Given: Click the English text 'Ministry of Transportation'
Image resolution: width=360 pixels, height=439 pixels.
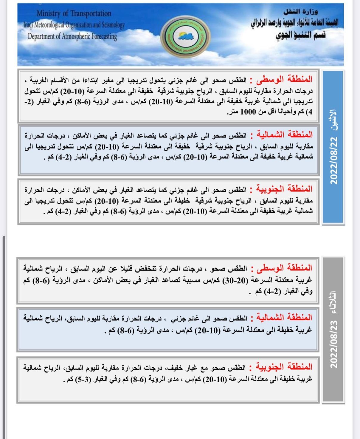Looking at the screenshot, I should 74,13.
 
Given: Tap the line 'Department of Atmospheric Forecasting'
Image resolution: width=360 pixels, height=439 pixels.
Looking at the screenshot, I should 72,36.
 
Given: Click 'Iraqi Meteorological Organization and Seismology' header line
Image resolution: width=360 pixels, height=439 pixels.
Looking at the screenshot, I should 74,25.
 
